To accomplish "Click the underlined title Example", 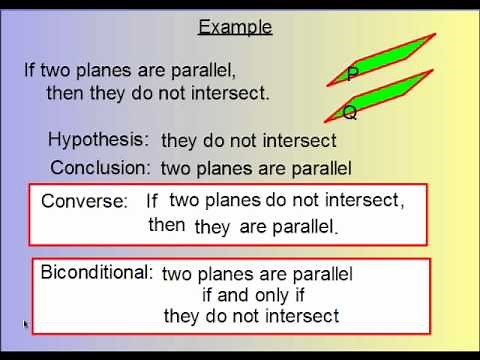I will (x=235, y=27).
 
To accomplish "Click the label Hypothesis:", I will (x=99, y=140).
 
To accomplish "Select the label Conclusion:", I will (x=100, y=167).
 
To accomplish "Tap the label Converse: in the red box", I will (x=85, y=201).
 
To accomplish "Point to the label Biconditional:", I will (x=97, y=272).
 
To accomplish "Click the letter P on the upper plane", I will (x=353, y=74).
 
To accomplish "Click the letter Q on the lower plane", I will (x=350, y=112).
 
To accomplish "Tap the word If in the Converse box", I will (x=152, y=201).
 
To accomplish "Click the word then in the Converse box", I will (x=167, y=225).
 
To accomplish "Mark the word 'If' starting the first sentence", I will (x=32, y=71).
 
